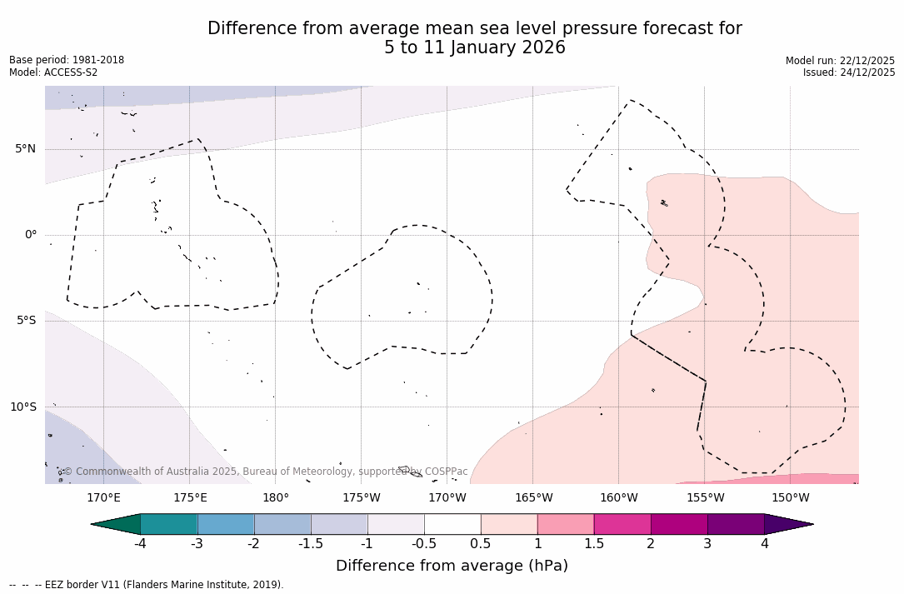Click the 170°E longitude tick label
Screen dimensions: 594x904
point(103,498)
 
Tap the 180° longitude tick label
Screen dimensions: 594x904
point(276,498)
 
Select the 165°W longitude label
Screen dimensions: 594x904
point(533,498)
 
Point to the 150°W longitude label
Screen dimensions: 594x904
point(791,498)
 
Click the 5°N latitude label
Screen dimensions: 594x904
point(25,149)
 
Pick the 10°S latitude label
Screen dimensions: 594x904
point(22,407)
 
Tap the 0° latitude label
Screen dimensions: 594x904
point(30,235)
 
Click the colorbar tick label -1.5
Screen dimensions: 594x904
point(311,544)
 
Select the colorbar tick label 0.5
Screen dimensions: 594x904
point(481,544)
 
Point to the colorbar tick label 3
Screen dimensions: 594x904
point(707,544)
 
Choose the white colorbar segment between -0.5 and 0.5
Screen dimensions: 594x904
point(452,524)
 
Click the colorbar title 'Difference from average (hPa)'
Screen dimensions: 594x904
point(452,567)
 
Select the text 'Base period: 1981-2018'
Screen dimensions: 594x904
point(67,60)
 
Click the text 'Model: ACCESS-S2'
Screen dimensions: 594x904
point(53,72)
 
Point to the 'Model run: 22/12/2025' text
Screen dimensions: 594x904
point(840,61)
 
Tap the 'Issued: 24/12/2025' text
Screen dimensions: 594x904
point(849,72)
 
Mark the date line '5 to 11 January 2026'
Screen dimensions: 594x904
point(474,48)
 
